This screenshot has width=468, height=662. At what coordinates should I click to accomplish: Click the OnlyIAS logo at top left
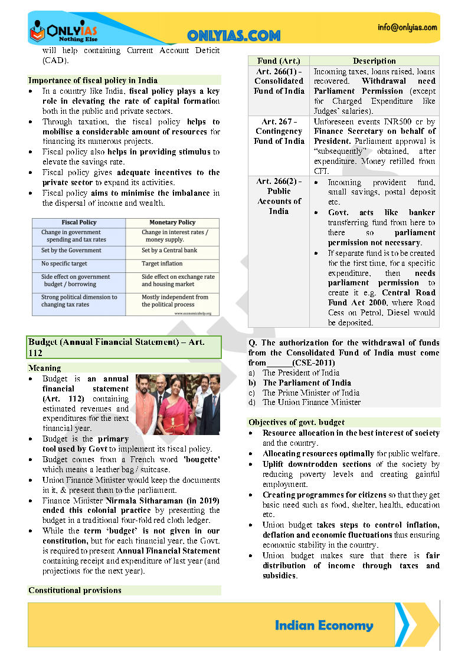click(x=63, y=29)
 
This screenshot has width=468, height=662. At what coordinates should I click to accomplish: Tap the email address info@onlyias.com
click(x=408, y=27)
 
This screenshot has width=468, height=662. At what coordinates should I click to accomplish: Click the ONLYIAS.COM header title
click(x=234, y=36)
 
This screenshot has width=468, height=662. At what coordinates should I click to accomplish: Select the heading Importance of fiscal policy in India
click(x=93, y=80)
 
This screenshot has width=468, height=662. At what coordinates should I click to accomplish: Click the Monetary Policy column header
click(x=172, y=222)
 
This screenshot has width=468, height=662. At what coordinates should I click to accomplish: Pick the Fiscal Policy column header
click(x=79, y=222)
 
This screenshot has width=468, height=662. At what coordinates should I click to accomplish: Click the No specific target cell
click(x=64, y=264)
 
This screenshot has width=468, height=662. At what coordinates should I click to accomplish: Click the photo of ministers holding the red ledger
click(x=178, y=404)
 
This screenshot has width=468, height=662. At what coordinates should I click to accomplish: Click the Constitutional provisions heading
click(x=75, y=590)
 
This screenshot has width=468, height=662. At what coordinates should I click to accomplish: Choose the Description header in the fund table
click(x=374, y=61)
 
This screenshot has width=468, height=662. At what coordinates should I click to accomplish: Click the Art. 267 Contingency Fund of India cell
click(x=279, y=131)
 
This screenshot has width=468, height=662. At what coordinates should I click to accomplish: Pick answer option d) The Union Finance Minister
click(x=311, y=402)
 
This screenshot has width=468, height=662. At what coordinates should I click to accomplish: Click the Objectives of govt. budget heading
click(x=296, y=422)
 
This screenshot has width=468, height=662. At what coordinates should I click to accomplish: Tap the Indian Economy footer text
click(x=324, y=625)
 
